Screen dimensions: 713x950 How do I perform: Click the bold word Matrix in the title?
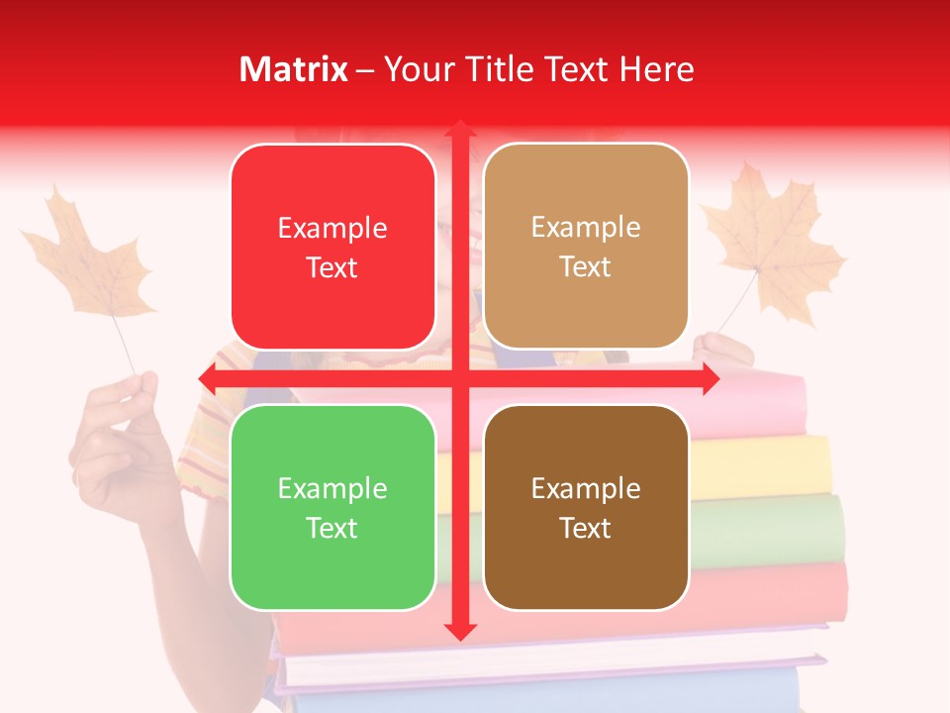(x=294, y=69)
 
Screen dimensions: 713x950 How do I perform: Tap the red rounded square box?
(x=332, y=247)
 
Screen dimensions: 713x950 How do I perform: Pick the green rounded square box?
(x=332, y=507)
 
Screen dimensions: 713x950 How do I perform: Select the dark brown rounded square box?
(x=586, y=507)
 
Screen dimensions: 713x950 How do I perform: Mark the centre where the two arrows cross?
(x=460, y=378)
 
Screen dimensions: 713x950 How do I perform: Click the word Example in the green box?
(x=332, y=488)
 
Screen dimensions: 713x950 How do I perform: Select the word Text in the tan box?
(x=586, y=266)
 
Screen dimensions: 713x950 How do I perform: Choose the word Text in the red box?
(x=332, y=267)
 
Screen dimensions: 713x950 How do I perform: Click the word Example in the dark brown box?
(x=586, y=488)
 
